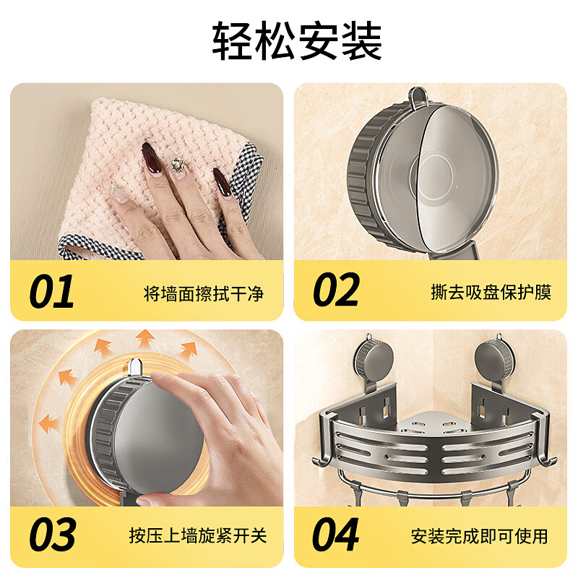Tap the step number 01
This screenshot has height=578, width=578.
[x=51, y=292]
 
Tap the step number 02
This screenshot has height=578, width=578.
[x=337, y=292]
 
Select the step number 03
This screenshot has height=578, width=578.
[x=52, y=535]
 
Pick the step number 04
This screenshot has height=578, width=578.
[x=337, y=535]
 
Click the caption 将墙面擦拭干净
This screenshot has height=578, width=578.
[x=204, y=293]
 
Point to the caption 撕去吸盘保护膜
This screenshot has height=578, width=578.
[x=491, y=293]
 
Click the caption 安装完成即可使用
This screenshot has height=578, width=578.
[x=479, y=536]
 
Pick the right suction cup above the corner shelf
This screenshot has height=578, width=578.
[x=497, y=358]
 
